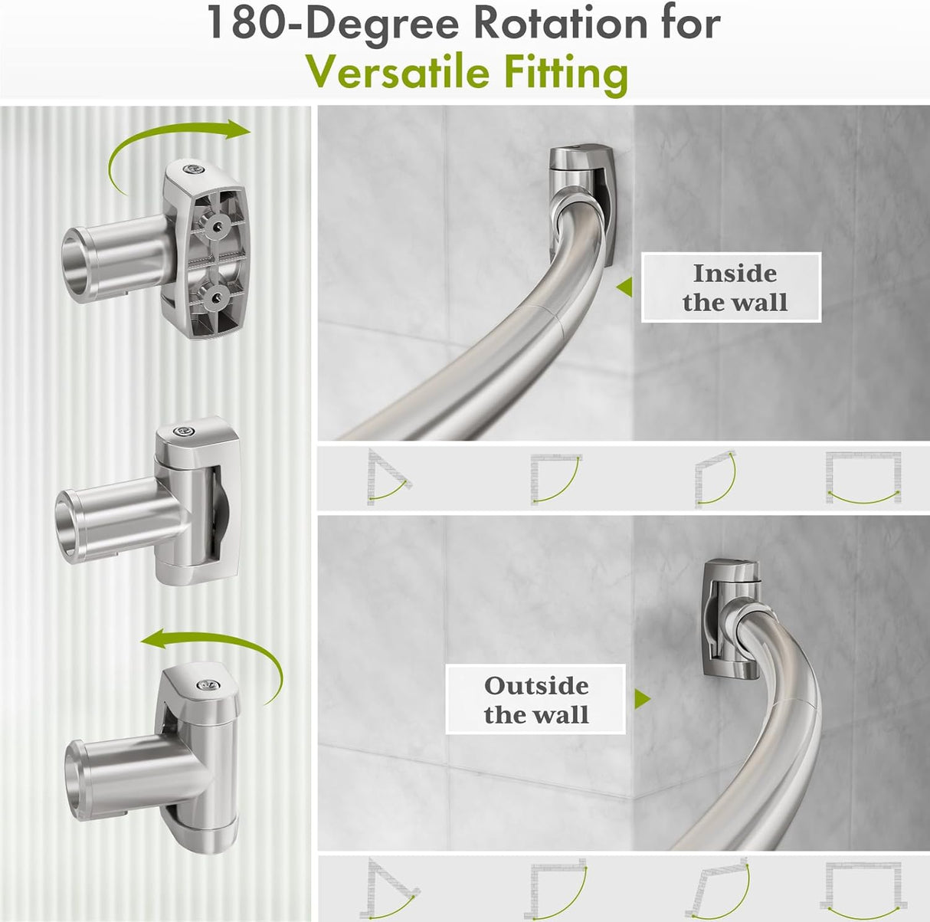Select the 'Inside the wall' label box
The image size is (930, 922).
731,287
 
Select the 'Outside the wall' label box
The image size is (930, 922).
535,700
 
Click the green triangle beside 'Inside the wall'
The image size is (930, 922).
625,287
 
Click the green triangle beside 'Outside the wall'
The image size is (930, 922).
642,699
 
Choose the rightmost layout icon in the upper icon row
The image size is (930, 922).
863,477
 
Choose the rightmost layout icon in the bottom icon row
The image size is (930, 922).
863,888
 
